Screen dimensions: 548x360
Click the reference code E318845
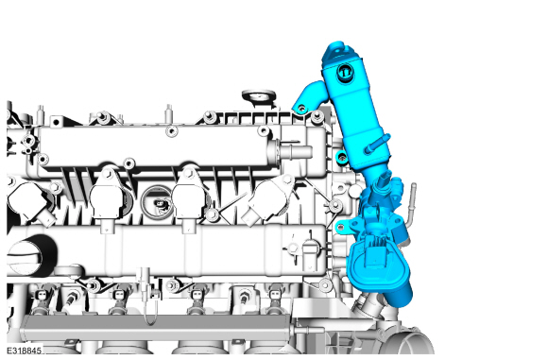[24, 351]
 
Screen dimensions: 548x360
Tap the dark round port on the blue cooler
[345, 73]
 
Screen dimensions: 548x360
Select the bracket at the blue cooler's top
[336, 51]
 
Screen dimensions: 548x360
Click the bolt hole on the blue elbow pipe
[301, 109]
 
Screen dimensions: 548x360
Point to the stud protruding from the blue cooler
[377, 144]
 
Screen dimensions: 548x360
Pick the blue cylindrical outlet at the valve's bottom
[399, 296]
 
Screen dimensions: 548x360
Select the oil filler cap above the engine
[259, 97]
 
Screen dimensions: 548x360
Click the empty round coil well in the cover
[157, 202]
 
